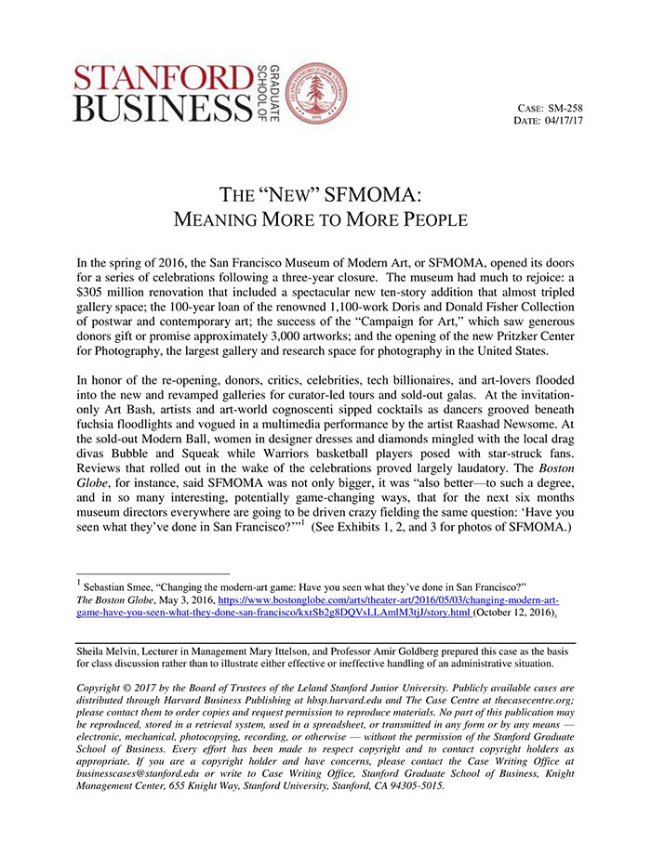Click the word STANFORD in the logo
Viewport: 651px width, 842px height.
point(162,77)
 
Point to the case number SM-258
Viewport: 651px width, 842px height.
point(565,109)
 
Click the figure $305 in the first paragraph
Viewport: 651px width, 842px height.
point(95,295)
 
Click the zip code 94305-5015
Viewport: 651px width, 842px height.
point(415,785)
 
